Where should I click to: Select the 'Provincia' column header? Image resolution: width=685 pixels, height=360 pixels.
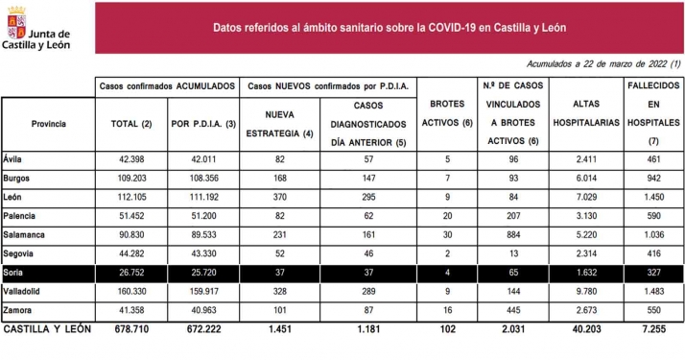[x=48, y=124]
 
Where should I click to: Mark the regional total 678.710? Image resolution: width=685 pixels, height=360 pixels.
[x=133, y=329]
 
